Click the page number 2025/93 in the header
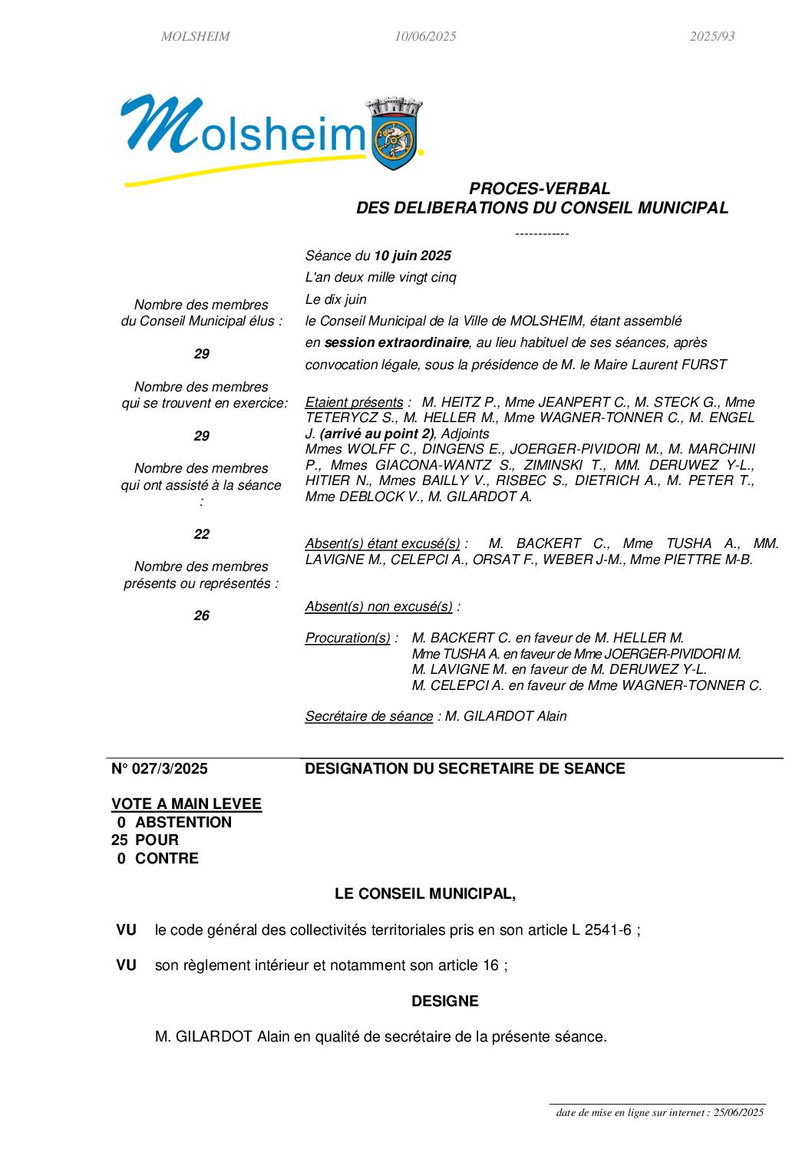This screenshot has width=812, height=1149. (x=711, y=36)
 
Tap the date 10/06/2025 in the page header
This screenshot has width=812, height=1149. (x=425, y=36)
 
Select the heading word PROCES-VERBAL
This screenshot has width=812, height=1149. (x=540, y=188)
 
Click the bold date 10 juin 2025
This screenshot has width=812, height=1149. (x=412, y=256)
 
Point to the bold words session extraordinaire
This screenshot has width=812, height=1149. (x=396, y=342)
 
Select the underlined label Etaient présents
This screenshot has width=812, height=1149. (x=354, y=402)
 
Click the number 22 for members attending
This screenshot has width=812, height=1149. (x=201, y=534)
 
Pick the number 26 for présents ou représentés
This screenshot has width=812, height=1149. (x=201, y=616)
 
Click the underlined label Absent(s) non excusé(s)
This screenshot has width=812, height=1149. (x=378, y=606)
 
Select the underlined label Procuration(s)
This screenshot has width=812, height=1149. (x=348, y=638)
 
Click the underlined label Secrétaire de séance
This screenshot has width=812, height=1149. (x=368, y=716)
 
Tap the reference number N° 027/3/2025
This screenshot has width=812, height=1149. (x=160, y=768)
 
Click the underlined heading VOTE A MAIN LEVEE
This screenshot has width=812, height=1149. (x=186, y=804)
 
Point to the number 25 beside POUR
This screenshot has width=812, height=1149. (x=119, y=840)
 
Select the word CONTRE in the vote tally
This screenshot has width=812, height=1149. (x=167, y=858)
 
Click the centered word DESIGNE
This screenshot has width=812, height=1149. (x=444, y=1001)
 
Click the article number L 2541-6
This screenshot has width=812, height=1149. (x=601, y=929)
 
